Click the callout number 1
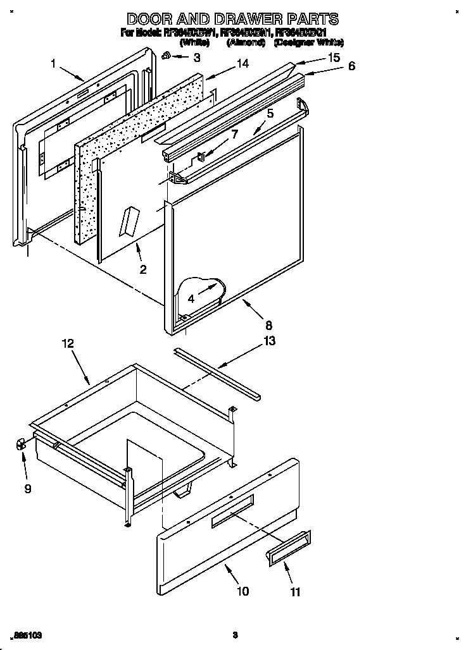pyautogui.click(x=54, y=63)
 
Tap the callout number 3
pyautogui.click(x=196, y=58)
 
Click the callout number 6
pyautogui.click(x=352, y=66)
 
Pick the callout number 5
pyautogui.click(x=270, y=114)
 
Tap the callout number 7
pyautogui.click(x=234, y=134)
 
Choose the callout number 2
pyautogui.click(x=143, y=269)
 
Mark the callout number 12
pyautogui.click(x=68, y=343)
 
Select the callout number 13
pyautogui.click(x=270, y=341)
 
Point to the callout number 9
pyautogui.click(x=28, y=488)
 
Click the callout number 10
pyautogui.click(x=242, y=591)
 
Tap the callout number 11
pyautogui.click(x=295, y=592)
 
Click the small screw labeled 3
pyautogui.click(x=166, y=56)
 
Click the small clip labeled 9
pyautogui.click(x=20, y=445)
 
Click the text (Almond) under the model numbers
pyautogui.click(x=241, y=43)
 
